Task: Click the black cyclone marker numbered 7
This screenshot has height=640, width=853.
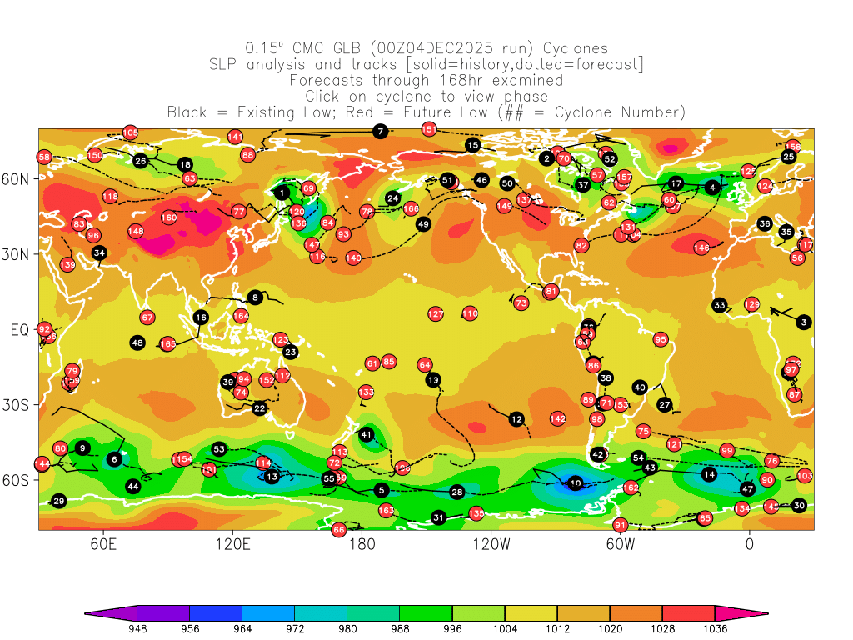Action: pyautogui.click(x=380, y=131)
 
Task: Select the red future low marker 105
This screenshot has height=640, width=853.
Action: pyautogui.click(x=130, y=132)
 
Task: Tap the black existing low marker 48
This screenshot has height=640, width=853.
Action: pyautogui.click(x=138, y=342)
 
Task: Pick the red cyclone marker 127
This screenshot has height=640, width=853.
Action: pyautogui.click(x=436, y=314)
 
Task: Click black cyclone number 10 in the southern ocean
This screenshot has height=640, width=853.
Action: pyautogui.click(x=576, y=483)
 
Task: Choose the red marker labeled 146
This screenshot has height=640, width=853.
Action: pyautogui.click(x=701, y=247)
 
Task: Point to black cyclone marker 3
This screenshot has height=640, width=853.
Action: pyautogui.click(x=803, y=322)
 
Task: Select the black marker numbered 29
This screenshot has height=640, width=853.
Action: pyautogui.click(x=58, y=501)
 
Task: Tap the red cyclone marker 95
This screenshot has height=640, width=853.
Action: pyautogui.click(x=661, y=339)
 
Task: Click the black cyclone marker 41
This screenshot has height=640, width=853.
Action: pyautogui.click(x=367, y=434)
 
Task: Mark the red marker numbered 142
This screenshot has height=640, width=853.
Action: pyautogui.click(x=557, y=418)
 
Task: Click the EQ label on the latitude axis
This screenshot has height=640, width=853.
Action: pyautogui.click(x=19, y=330)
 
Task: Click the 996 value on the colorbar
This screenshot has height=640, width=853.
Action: pyautogui.click(x=451, y=630)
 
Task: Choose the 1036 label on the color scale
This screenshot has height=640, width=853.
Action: pyautogui.click(x=714, y=630)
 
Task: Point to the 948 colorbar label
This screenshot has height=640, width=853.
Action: pyautogui.click(x=137, y=630)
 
